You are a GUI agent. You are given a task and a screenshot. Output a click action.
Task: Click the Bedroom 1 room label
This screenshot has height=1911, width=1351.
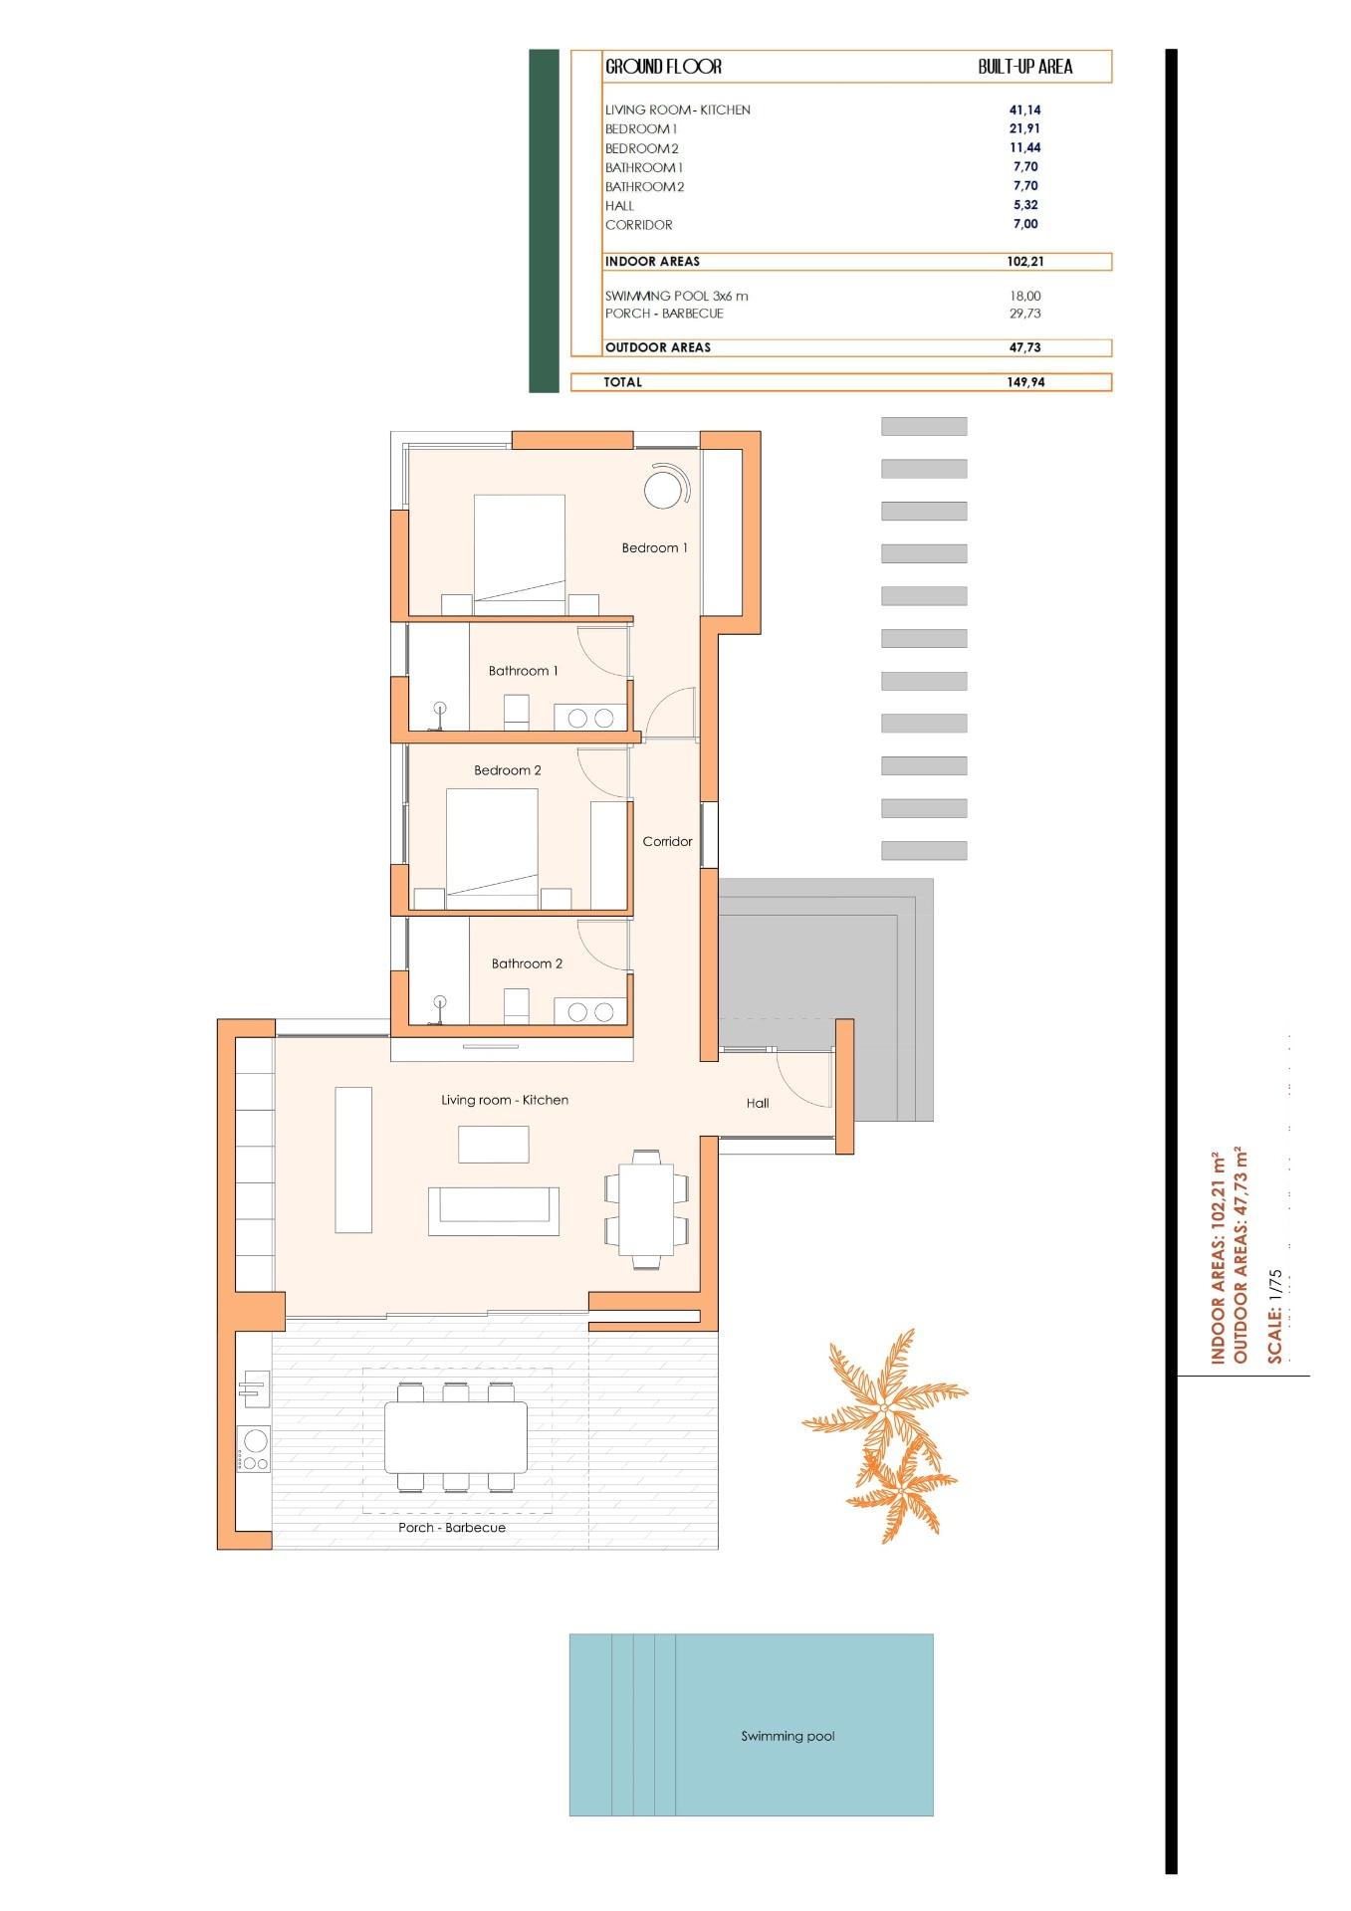pyautogui.click(x=654, y=547)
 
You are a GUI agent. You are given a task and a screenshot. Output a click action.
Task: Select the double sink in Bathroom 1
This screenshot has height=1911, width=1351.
pyautogui.click(x=591, y=717)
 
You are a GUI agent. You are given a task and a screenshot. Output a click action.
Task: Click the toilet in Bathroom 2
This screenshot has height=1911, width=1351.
pyautogui.click(x=516, y=1005)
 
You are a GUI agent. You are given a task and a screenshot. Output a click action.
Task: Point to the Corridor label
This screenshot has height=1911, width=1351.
pyautogui.click(x=667, y=841)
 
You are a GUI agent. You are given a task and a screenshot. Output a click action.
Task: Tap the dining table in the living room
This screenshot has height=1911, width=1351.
pyautogui.click(x=646, y=1208)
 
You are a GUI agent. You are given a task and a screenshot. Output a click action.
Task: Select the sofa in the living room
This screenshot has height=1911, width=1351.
pyautogui.click(x=493, y=1210)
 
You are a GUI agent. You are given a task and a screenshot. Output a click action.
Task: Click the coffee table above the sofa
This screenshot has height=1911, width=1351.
pyautogui.click(x=493, y=1144)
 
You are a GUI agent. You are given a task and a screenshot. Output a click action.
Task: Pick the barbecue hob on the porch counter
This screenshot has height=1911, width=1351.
pyautogui.click(x=254, y=1448)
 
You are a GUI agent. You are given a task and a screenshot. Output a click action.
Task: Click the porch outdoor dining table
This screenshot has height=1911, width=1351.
pyautogui.click(x=456, y=1437)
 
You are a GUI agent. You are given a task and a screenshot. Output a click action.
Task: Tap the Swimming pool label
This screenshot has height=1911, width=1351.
pyautogui.click(x=788, y=1736)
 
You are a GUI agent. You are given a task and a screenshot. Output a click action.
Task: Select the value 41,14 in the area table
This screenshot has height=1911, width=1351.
pyautogui.click(x=1024, y=110)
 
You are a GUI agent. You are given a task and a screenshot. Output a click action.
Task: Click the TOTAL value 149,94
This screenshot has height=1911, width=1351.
pyautogui.click(x=1024, y=382)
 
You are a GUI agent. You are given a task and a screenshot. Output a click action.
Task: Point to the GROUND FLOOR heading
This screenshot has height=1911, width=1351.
pyautogui.click(x=663, y=67)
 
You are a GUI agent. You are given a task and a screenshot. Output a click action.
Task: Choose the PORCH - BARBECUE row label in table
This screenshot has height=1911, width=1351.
pyautogui.click(x=664, y=314)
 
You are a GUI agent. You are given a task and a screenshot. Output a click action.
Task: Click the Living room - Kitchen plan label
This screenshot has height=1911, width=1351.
pyautogui.click(x=505, y=1100)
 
